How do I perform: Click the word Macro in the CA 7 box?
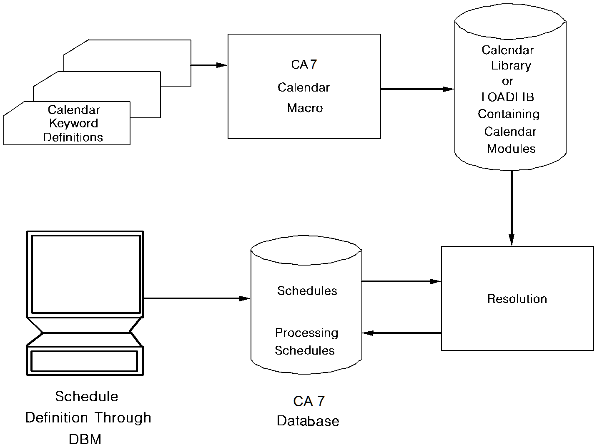point(305,108)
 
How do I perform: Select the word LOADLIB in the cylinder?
point(507,97)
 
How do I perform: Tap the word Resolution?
point(517,299)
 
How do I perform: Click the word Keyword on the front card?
point(74,123)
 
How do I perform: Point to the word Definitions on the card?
point(73,137)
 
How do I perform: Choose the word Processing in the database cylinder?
point(306,333)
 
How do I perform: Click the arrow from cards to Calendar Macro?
point(209,65)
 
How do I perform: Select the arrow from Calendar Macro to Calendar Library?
point(417,89)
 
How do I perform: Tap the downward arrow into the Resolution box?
point(511,208)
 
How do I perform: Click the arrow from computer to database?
point(196,298)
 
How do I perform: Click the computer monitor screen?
point(85,274)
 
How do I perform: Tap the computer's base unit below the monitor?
point(85,361)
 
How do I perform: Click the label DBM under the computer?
point(85,439)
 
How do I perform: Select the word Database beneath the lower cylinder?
point(308,421)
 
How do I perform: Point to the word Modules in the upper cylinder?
point(511,149)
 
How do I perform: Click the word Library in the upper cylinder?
point(511,65)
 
